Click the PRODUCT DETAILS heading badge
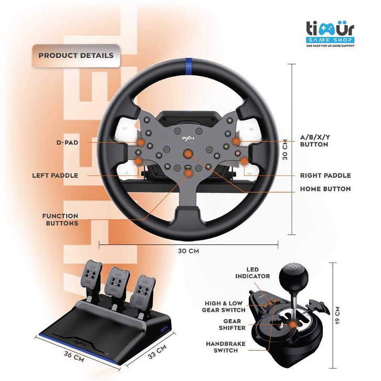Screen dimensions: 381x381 [76, 55]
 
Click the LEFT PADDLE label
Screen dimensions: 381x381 [55, 175]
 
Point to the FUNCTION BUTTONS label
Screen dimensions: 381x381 [60, 219]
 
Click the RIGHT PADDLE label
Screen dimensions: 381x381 [325, 175]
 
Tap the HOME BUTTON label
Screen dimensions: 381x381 [325, 189]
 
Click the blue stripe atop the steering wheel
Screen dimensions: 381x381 [187, 67]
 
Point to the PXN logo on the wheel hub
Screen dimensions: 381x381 [187, 139]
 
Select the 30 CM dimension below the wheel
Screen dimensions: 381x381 [188, 251]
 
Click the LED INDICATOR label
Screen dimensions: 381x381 [252, 273]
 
